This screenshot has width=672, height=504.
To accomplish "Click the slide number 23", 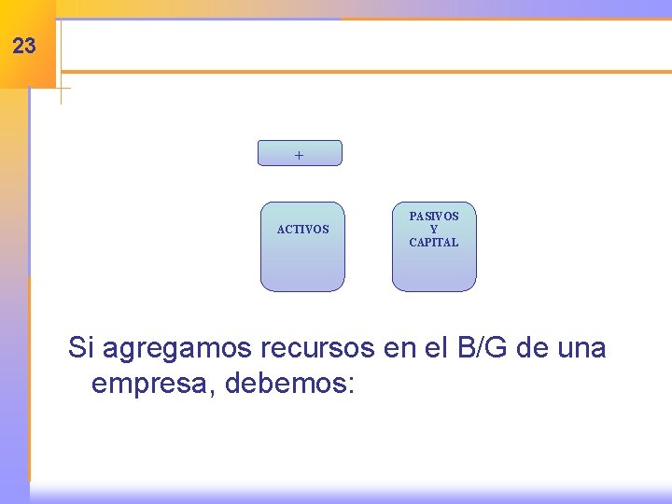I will tap(25, 46).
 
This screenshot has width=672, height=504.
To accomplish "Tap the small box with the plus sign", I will tap(300, 154).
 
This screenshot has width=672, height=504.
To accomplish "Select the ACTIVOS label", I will tap(302, 230).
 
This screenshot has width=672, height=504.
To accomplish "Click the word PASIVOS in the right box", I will tap(434, 217).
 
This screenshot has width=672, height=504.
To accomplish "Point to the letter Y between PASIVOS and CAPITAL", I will tap(434, 230).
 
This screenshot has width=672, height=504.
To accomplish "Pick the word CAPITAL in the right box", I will tap(434, 243).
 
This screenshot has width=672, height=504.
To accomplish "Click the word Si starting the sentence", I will tap(81, 348).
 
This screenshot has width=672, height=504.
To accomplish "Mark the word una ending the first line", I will tap(581, 348).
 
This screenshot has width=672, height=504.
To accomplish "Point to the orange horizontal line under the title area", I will tap(364, 71).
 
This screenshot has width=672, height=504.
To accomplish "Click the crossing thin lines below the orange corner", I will tap(61, 89).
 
